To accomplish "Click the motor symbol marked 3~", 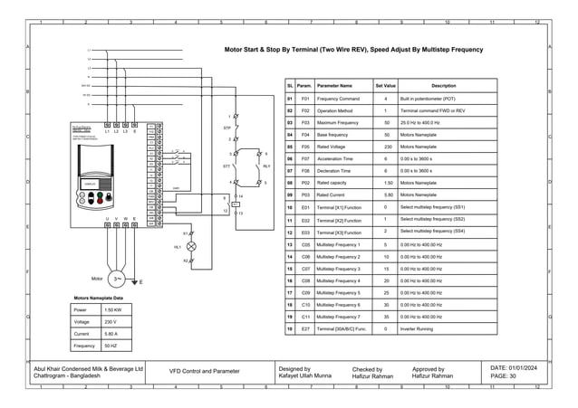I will coord(116,279).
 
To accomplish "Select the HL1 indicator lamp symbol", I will coord(190,246).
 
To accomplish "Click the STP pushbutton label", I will coord(227,128).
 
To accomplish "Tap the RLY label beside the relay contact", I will coord(266,167).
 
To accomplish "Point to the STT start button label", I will coord(226,167).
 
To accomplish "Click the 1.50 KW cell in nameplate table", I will coord(112,309).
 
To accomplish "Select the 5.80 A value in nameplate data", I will coord(112,334).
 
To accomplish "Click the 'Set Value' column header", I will coord(385,85).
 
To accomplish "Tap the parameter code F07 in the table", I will coord(305,171).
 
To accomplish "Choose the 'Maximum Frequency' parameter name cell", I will coord(340,122).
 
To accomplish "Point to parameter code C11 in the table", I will coord(305,318).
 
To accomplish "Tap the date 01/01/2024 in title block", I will coord(515,367).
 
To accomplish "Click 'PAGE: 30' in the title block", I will coord(504,376).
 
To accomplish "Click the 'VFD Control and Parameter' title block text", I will coord(206,372).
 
